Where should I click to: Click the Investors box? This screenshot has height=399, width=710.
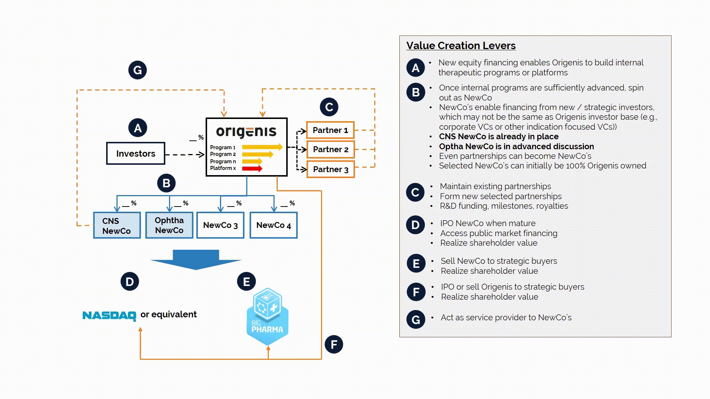(135, 153)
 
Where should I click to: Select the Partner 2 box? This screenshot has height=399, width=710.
(330, 150)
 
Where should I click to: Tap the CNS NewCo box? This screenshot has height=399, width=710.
(117, 225)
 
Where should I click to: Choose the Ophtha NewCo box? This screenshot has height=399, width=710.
(169, 225)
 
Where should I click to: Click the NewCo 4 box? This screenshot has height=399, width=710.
(273, 225)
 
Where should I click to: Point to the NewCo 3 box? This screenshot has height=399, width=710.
(220, 225)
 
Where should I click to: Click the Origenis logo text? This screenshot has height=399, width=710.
(246, 132)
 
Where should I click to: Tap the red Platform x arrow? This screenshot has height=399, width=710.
(252, 168)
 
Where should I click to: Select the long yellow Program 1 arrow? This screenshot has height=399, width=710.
(262, 147)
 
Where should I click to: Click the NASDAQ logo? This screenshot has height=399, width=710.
(109, 315)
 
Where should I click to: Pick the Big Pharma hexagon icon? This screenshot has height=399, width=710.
(267, 317)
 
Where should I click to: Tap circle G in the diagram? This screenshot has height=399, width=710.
(138, 70)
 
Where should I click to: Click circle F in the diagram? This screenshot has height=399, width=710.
(334, 344)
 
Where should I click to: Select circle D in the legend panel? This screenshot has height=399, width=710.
(415, 225)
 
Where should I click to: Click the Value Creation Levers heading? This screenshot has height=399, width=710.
(461, 45)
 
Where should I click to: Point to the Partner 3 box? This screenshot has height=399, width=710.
(330, 169)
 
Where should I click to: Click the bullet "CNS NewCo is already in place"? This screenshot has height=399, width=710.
(498, 137)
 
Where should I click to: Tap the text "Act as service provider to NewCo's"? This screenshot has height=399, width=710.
(506, 317)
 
